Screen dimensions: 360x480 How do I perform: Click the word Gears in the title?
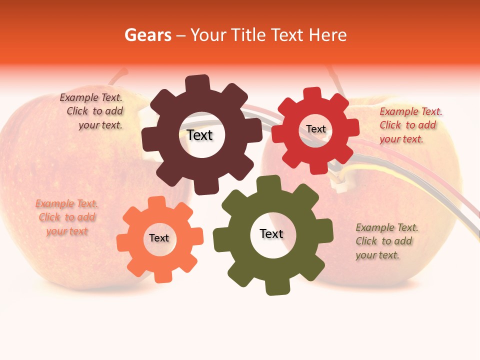click(x=148, y=35)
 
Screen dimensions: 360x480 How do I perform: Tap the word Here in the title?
click(x=328, y=35)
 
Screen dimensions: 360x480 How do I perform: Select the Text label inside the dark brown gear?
click(x=199, y=135)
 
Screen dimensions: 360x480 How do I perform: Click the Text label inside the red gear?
click(x=315, y=129)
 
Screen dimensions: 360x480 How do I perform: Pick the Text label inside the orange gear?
click(x=158, y=238)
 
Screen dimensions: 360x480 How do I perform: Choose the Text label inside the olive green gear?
click(x=271, y=233)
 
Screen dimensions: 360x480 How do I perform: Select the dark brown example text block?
click(x=92, y=111)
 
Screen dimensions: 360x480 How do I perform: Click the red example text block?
click(x=410, y=125)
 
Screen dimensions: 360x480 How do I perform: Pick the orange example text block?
click(x=66, y=217)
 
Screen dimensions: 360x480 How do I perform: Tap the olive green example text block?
click(x=386, y=241)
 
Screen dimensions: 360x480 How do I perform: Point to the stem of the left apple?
click(x=119, y=76)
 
